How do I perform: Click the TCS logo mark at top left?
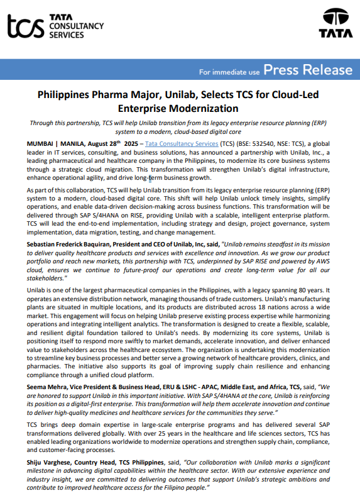(26, 26)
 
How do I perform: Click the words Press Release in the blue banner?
(308, 70)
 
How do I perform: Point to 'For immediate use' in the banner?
(229, 72)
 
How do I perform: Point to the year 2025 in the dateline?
(130, 144)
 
